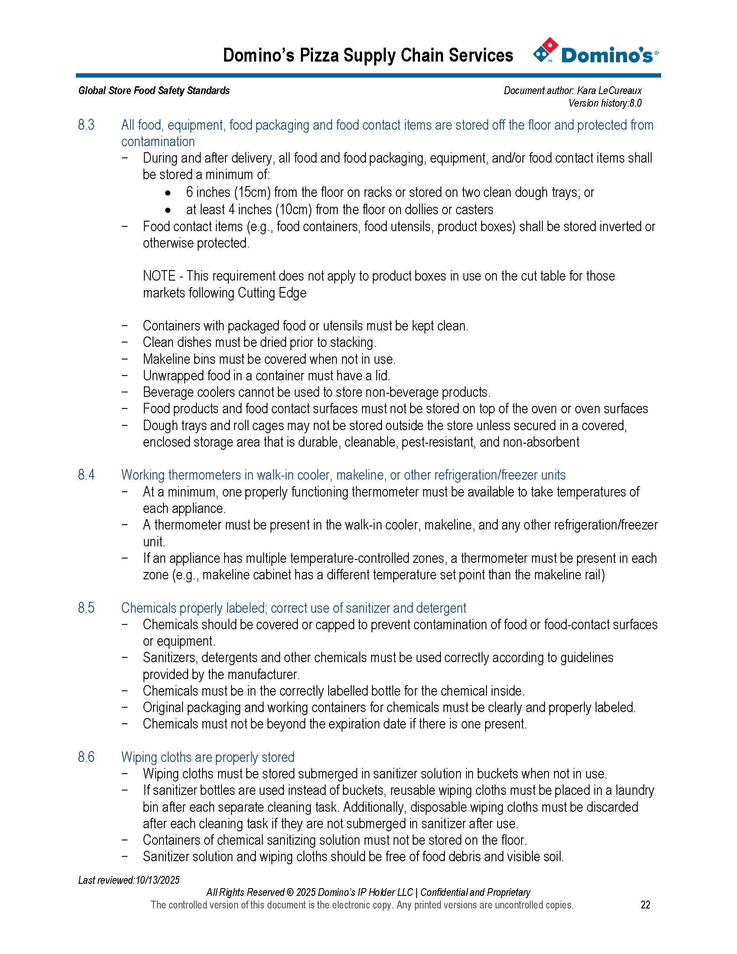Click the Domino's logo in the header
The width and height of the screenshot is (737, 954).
coord(595,52)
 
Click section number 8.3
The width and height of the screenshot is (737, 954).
coord(86,125)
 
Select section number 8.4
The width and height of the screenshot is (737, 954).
coord(86,475)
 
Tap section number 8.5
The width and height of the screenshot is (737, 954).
coord(86,608)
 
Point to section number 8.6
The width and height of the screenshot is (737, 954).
coord(86,757)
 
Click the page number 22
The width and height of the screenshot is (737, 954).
coord(646,905)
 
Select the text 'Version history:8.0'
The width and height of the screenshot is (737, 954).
coord(605,104)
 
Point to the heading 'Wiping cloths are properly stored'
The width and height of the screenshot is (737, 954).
coord(208,757)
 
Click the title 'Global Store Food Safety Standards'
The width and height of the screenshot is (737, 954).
coord(154,91)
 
